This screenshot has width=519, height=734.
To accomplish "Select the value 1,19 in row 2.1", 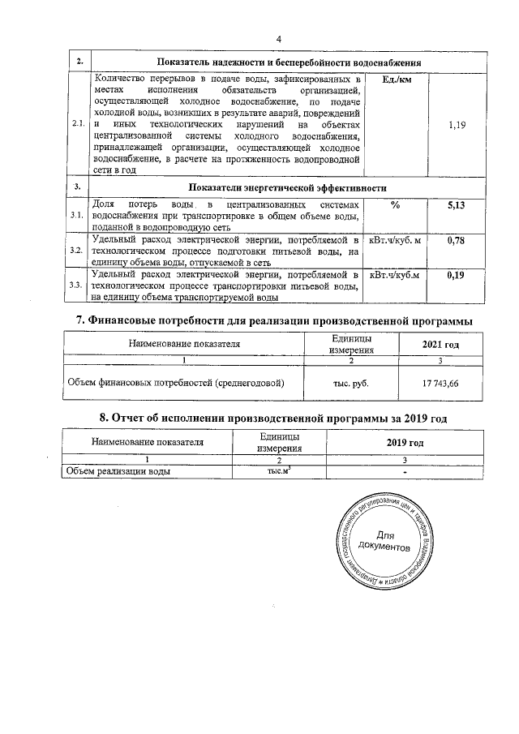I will [457, 127].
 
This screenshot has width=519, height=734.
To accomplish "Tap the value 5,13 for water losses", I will [456, 205].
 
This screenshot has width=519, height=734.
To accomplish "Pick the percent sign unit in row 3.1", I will [395, 205].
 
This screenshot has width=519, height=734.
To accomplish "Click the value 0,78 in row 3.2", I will [456, 241].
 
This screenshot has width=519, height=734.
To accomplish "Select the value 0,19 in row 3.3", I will [456, 276].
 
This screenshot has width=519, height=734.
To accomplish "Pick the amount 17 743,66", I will [440, 383].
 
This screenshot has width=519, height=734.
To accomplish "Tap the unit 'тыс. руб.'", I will [351, 383].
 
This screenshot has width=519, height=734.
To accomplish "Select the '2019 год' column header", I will [405, 443].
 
